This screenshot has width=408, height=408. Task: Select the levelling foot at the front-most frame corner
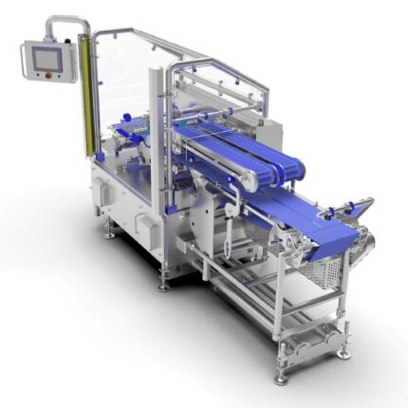pos(281,377)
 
